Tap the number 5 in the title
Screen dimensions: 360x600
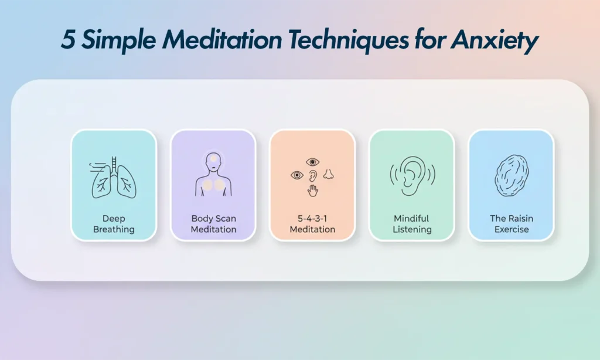pos(68,41)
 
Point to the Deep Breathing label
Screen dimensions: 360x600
pos(114,224)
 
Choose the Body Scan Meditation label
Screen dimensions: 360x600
pos(213,224)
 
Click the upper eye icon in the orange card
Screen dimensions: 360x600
pos(312,161)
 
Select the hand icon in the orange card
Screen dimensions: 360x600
pos(313,190)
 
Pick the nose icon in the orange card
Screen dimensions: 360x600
pos(329,174)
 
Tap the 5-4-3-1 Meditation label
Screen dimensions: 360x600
pos(312,224)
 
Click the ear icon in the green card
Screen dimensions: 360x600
pos(412,174)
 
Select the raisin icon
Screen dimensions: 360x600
pos(512,174)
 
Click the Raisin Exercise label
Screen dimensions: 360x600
pos(512,224)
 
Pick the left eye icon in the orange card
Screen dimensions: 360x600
pos(297,175)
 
